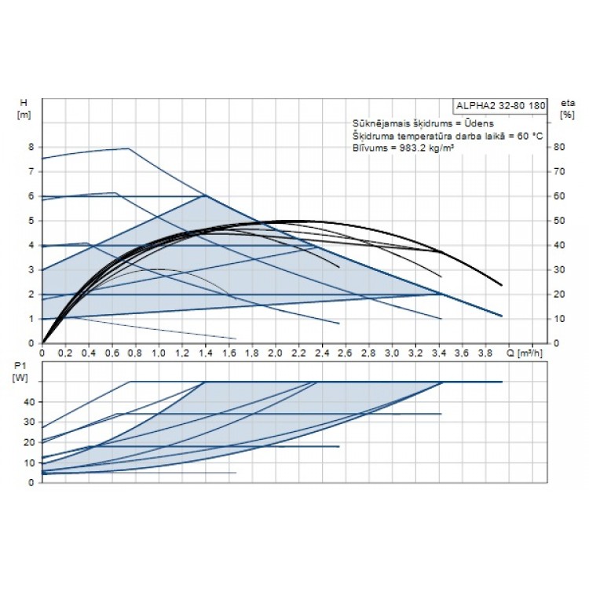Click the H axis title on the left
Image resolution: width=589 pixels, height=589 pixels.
pyautogui.click(x=23, y=103)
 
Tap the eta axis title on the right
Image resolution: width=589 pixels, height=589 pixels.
pyautogui.click(x=565, y=103)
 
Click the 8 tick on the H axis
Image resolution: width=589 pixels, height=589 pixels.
pyautogui.click(x=31, y=147)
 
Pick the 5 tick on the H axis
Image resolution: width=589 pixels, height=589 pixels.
pyautogui.click(x=31, y=221)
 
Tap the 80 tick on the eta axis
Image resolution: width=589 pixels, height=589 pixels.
pyautogui.click(x=558, y=147)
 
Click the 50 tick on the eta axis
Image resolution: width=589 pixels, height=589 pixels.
pyautogui.click(x=558, y=221)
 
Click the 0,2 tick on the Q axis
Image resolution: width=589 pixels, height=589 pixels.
pyautogui.click(x=65, y=353)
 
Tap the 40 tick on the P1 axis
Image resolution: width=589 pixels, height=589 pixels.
pyautogui.click(x=30, y=401)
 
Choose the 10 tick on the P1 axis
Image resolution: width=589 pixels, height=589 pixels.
pyautogui.click(x=30, y=463)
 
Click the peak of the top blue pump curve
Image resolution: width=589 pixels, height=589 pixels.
pyautogui.click(x=127, y=148)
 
